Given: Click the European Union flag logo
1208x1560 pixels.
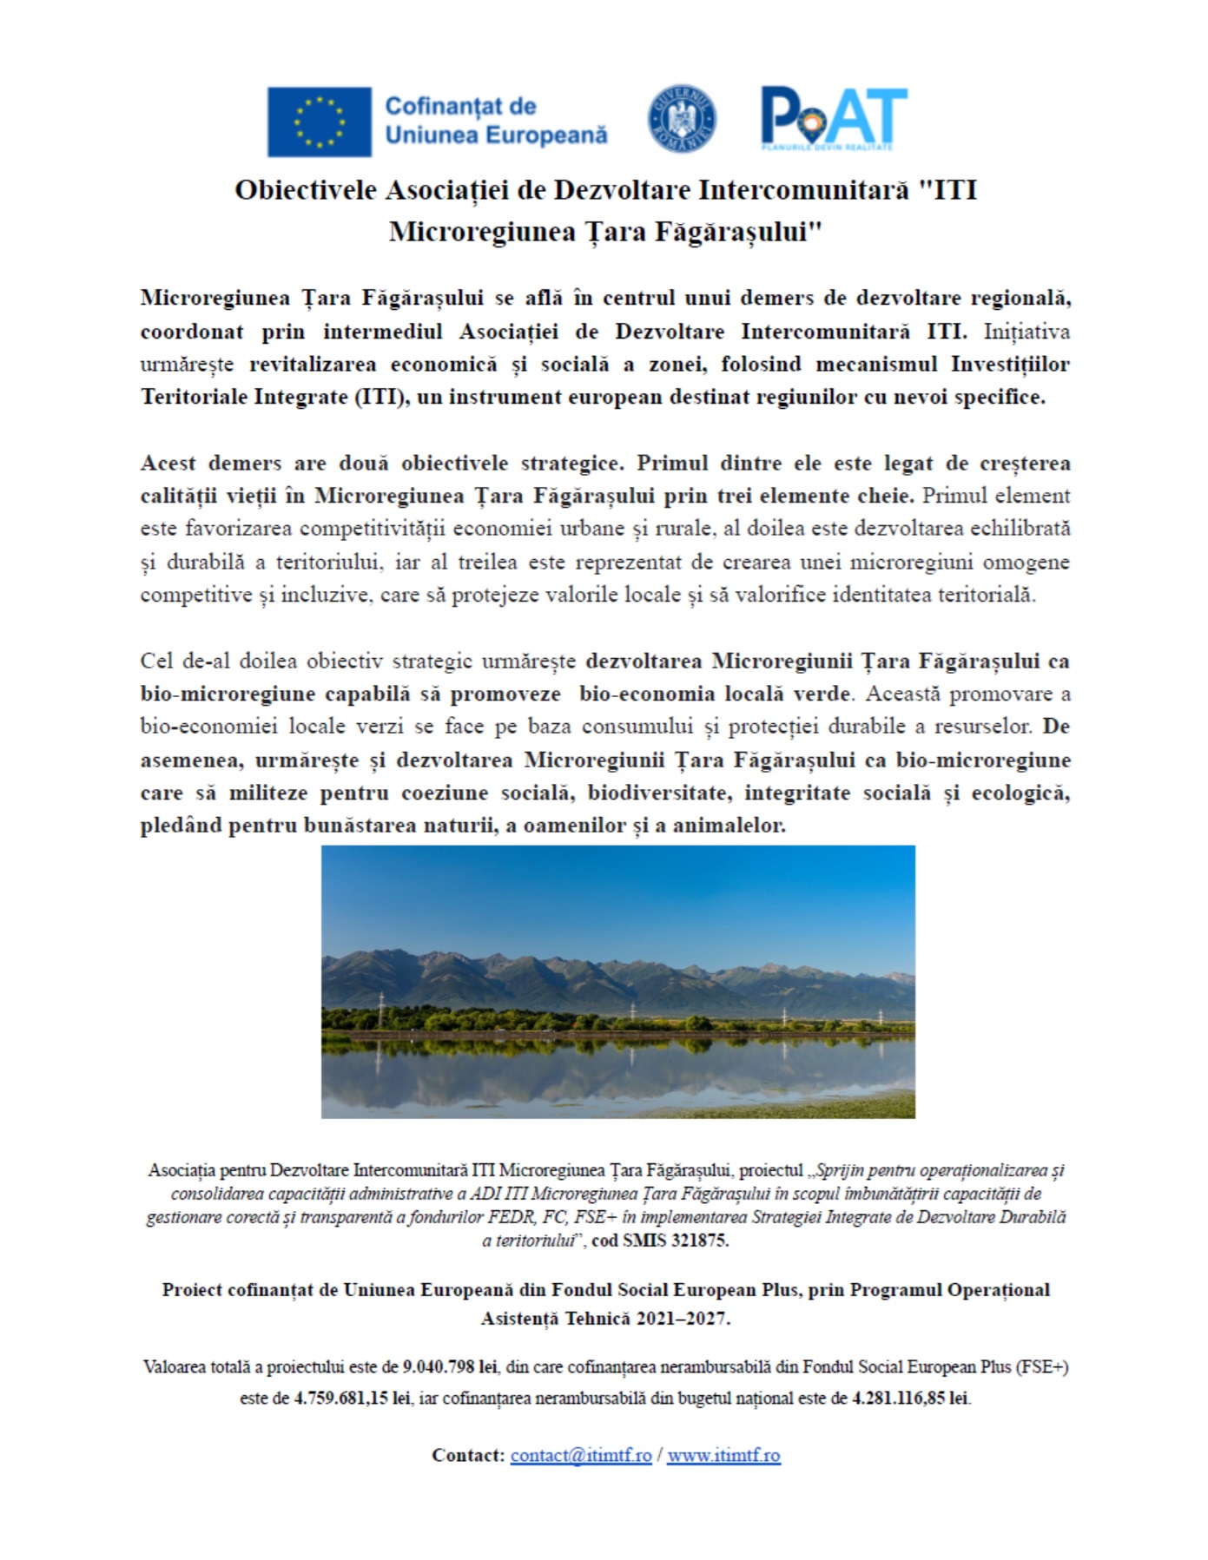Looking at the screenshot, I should (319, 122).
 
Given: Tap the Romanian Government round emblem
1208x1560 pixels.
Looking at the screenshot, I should (683, 119).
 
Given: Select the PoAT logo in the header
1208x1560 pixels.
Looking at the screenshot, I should (833, 119).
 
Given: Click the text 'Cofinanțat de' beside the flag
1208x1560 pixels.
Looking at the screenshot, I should (459, 107).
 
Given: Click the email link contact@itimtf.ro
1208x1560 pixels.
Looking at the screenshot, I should (580, 1455).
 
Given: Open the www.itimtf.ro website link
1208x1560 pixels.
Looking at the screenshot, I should (723, 1455).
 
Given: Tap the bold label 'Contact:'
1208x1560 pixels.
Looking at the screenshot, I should (467, 1455).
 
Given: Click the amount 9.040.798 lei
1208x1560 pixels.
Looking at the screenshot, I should (449, 1366).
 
